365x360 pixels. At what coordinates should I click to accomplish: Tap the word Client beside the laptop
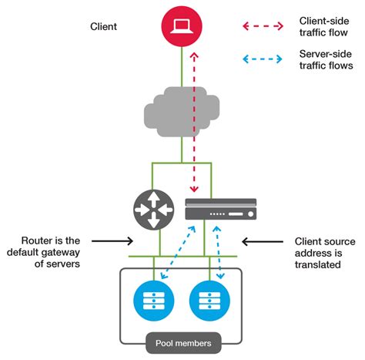(x=103, y=27)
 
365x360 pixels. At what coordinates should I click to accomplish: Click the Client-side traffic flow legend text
(x=324, y=27)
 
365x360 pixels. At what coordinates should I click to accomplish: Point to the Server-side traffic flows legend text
(x=324, y=59)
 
